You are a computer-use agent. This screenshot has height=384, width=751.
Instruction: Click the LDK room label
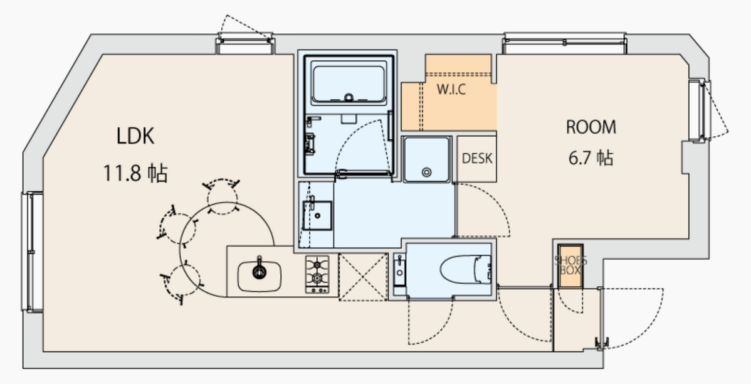[135, 136]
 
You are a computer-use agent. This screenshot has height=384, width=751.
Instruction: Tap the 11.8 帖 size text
[135, 173]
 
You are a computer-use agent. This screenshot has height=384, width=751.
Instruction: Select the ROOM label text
[591, 127]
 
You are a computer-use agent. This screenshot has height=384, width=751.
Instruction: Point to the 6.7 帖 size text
[591, 157]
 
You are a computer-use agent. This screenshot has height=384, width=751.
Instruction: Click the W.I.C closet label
[451, 90]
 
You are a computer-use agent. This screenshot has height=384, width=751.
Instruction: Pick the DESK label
[476, 159]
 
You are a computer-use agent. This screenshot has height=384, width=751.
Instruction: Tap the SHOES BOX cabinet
[570, 265]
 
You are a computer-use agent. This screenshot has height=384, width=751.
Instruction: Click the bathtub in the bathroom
[349, 84]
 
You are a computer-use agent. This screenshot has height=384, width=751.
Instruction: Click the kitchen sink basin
[259, 275]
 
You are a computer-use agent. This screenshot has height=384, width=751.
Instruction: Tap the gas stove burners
[318, 274]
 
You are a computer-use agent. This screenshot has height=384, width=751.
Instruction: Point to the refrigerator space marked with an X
[363, 277]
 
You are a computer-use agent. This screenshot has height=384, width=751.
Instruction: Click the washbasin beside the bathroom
[317, 216]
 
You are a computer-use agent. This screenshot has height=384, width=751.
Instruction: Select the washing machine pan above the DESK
[426, 159]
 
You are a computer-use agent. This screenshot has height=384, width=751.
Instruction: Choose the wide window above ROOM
[565, 43]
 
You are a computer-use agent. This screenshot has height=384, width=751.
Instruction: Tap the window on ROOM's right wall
[699, 110]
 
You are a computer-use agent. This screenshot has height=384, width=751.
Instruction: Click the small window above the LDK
[246, 44]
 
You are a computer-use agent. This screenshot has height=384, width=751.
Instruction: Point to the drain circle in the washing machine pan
[426, 172]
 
